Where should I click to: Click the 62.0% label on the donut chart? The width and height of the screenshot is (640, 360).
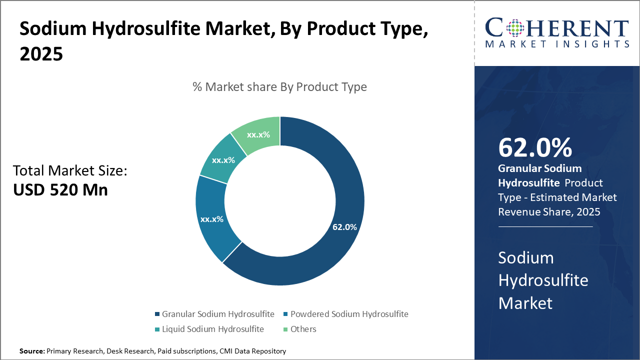click(344, 227)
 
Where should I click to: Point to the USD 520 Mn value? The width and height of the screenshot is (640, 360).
click(60, 189)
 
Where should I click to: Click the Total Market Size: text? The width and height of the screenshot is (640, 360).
click(70, 171)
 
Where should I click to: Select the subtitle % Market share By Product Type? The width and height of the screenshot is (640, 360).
click(279, 87)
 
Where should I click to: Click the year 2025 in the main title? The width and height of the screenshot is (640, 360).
click(41, 54)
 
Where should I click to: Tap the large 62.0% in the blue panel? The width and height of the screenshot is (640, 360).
click(535, 147)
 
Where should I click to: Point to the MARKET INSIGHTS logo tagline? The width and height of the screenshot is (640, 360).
click(557, 44)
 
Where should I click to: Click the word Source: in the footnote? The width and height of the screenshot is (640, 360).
click(32, 351)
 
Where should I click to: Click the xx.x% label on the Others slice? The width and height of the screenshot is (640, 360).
click(258, 134)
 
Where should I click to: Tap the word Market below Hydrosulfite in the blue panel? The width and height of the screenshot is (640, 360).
click(525, 303)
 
